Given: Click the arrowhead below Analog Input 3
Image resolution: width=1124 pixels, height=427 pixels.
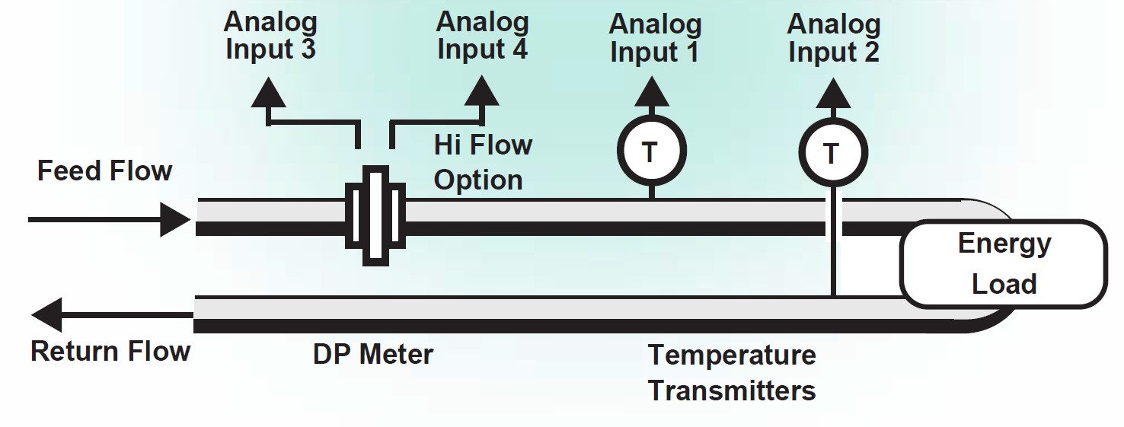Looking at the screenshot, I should click(x=267, y=94).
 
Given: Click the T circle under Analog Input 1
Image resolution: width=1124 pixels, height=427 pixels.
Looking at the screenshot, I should click(x=650, y=152).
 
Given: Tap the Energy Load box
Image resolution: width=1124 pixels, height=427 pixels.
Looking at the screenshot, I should click(x=1003, y=263).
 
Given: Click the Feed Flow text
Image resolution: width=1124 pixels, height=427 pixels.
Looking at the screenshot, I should click(x=104, y=171).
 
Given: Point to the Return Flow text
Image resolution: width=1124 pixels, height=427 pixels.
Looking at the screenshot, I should click(x=110, y=352).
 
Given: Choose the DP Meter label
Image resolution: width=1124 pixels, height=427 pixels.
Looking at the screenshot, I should click(x=372, y=354).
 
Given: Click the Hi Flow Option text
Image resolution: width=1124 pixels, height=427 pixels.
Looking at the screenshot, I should click(x=482, y=162).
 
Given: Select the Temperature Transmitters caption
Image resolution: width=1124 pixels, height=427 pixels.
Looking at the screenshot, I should click(x=731, y=372).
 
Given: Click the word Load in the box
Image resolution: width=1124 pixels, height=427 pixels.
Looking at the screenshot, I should click(x=1004, y=283).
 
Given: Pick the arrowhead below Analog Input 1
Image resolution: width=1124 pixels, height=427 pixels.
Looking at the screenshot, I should click(x=650, y=93).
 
